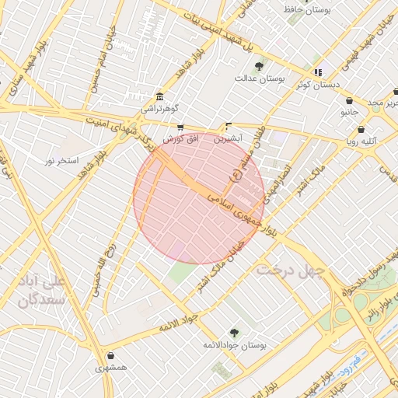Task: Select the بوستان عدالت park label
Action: pyautogui.click(x=260, y=79)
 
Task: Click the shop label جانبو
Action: pyautogui.click(x=351, y=113)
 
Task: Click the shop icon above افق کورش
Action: pyautogui.click(x=180, y=127)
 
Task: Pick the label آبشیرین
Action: pyautogui.click(x=229, y=138)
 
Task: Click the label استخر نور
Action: pyautogui.click(x=62, y=160)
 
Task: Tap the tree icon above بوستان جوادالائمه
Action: pyautogui.click(x=235, y=331)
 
